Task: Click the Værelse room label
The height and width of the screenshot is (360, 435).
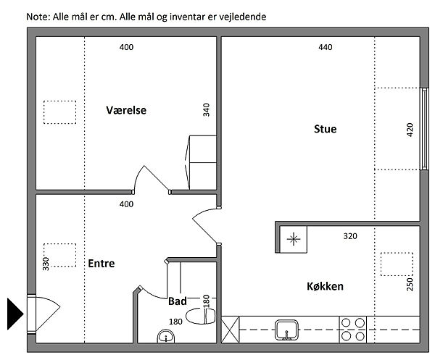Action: point(126,110)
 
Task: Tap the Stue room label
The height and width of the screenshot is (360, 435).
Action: point(325,129)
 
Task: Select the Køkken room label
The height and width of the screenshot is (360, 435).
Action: point(325,286)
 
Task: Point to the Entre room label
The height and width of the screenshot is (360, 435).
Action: point(101,263)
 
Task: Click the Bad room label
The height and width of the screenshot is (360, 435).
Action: point(178,301)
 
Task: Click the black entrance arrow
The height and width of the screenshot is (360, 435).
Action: point(15,314)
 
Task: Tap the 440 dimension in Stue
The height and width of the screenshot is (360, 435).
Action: point(325,47)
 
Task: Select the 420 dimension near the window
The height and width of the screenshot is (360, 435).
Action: point(410,130)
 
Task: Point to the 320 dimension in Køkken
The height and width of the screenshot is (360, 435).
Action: point(350,236)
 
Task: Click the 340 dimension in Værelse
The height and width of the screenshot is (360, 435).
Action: point(206,110)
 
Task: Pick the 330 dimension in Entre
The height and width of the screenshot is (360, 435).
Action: point(46,264)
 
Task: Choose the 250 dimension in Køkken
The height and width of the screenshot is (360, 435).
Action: point(410,285)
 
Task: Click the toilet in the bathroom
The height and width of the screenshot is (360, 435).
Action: point(200,317)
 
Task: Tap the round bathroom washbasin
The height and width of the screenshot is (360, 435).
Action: point(166,336)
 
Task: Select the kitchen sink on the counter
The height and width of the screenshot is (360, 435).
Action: point(286,330)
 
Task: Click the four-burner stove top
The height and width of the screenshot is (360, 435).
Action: point(353,330)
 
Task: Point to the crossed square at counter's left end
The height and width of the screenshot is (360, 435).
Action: point(231,330)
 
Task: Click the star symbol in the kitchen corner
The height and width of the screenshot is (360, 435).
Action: point(294,239)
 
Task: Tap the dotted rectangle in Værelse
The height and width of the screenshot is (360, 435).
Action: point(59,112)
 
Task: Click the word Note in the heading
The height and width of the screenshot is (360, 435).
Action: point(38,17)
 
